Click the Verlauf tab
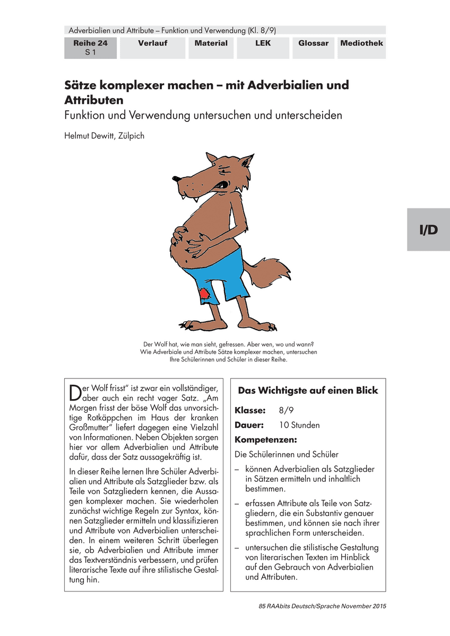coord(153,43)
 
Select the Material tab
coord(211,43)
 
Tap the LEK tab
coord(262,43)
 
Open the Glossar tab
coord(313,43)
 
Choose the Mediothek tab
coord(361,43)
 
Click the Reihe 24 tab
coord(90,48)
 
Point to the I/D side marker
coord(428,229)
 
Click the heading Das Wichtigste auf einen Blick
coord(308,391)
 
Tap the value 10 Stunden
coord(299,425)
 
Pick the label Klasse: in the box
coord(250,411)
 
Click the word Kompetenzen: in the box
coord(266,440)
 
